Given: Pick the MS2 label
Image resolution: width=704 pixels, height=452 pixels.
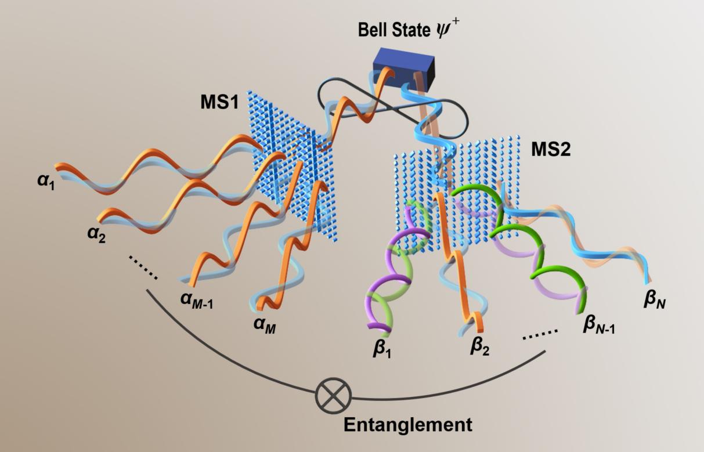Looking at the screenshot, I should [551, 150].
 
